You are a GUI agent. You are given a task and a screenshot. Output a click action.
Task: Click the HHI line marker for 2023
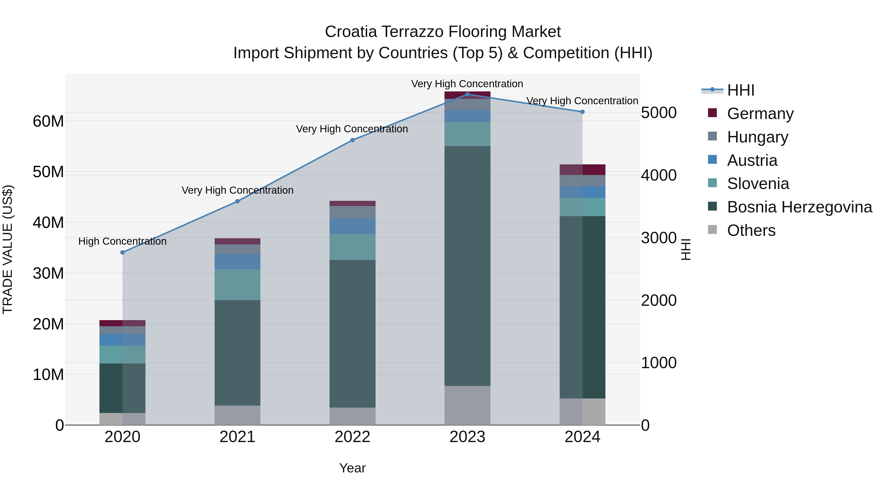467,94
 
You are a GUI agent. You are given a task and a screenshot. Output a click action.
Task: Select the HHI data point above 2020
123,252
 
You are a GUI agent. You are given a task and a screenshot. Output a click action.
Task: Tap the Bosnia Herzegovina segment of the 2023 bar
467,265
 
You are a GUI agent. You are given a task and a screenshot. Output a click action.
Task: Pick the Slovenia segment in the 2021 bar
237,284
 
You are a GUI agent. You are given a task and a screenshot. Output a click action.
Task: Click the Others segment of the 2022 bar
352,416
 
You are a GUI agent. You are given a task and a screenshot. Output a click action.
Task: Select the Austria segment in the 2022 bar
352,226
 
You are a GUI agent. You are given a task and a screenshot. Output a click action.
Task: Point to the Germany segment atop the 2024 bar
582,170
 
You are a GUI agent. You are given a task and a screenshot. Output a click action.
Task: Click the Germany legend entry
760,114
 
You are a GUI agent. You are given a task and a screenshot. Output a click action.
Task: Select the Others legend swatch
712,230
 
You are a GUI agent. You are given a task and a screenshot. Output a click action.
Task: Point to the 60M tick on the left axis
48,121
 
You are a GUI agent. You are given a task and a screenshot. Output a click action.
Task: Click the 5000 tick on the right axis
659,113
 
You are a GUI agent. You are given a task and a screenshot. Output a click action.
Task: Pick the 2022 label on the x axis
352,437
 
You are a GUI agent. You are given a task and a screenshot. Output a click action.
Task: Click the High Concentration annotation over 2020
123,241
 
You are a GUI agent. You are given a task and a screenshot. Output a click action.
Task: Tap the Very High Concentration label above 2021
237,190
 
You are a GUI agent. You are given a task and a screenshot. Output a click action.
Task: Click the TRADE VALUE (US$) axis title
8,249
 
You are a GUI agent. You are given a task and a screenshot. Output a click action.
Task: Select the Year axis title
352,468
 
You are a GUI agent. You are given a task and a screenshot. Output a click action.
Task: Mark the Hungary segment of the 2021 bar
237,249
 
